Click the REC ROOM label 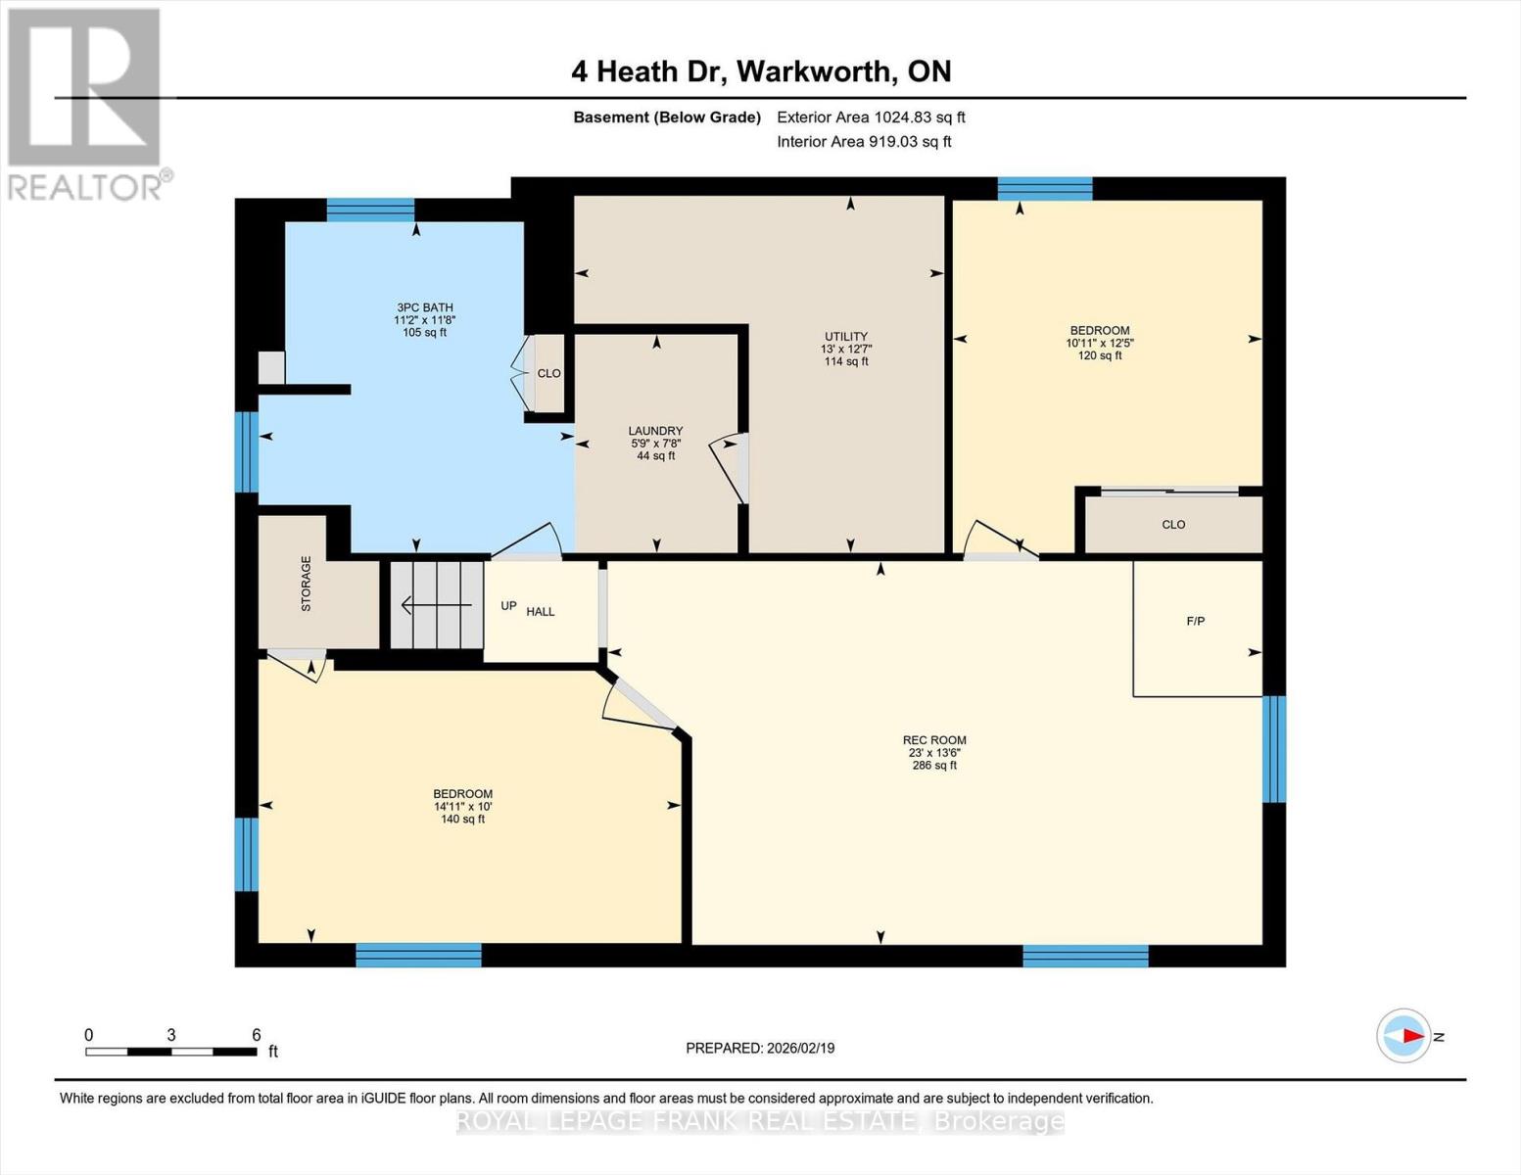click(933, 741)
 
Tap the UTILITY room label click(845, 337)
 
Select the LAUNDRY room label click(655, 431)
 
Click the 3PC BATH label click(424, 307)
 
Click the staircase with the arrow click(437, 605)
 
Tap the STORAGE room click(308, 584)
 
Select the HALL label click(540, 612)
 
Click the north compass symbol click(1404, 1036)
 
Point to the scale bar click(171, 1052)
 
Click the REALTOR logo click(86, 103)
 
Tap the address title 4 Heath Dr click(761, 71)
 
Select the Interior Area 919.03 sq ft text click(864, 142)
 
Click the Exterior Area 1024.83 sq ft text click(871, 117)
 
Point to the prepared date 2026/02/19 click(760, 1048)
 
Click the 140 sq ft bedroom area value click(462, 819)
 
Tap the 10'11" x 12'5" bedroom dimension click(1100, 343)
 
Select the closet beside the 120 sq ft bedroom click(1172, 525)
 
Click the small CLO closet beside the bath click(547, 373)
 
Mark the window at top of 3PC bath click(370, 210)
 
